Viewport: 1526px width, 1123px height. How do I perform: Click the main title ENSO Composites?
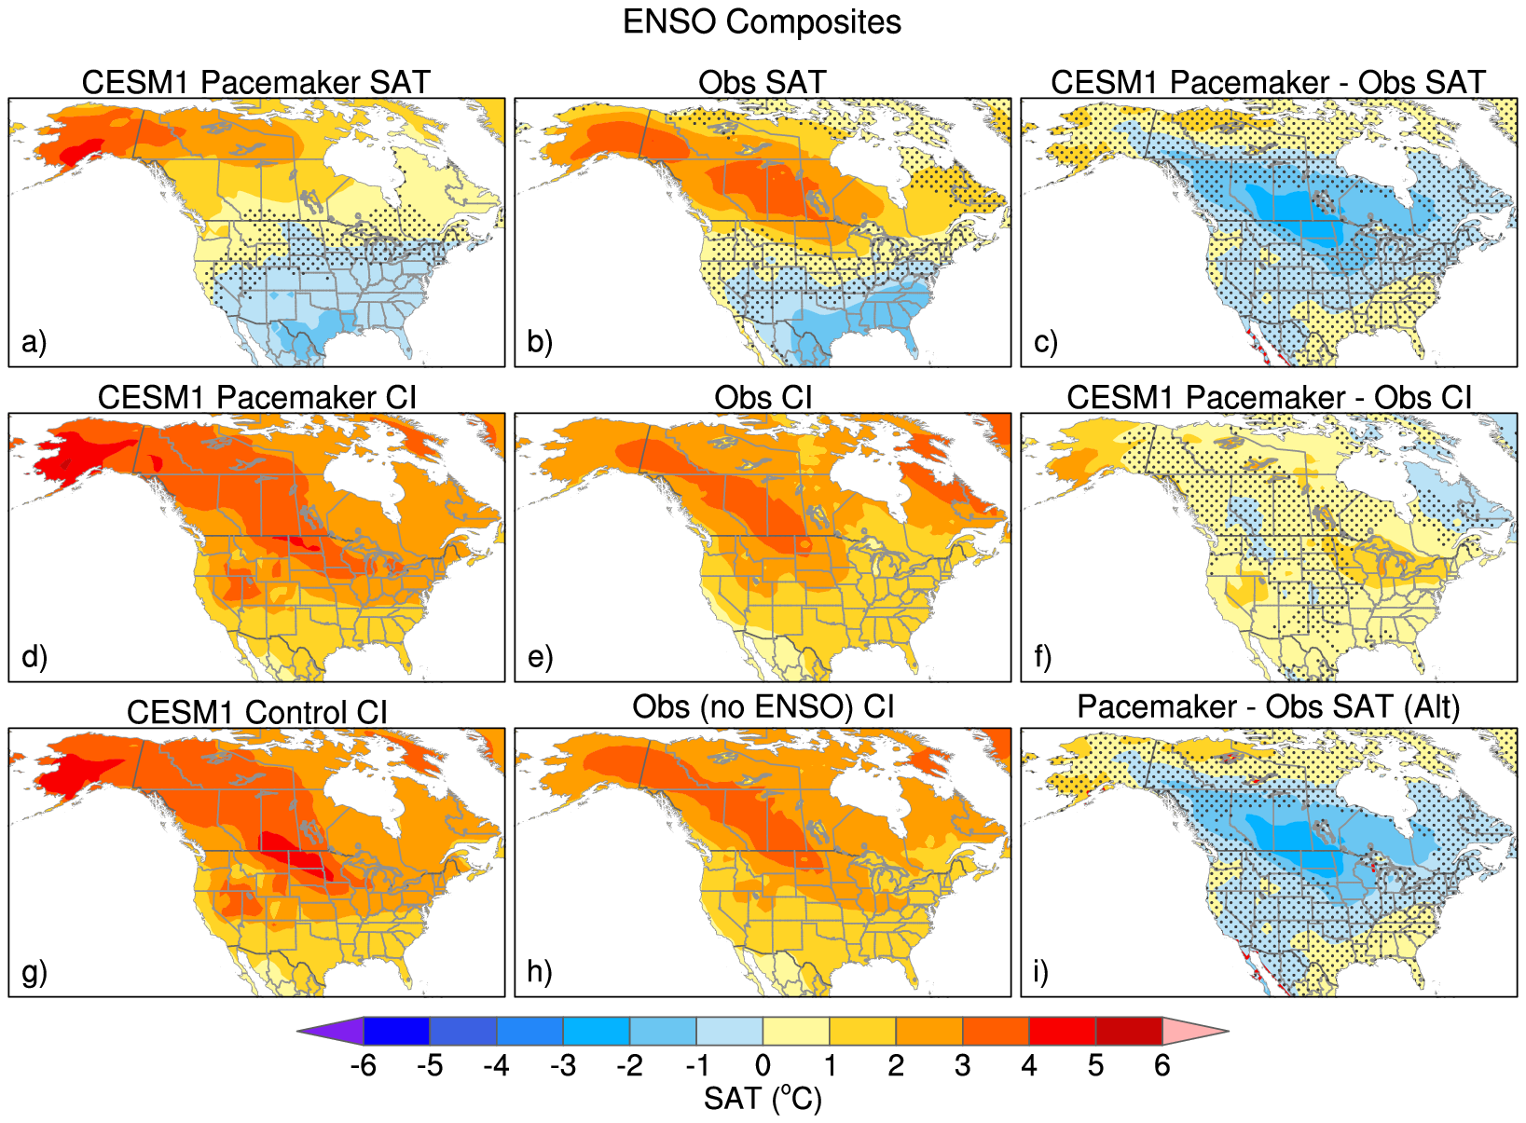762,22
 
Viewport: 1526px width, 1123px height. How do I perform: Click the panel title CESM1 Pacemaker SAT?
255,82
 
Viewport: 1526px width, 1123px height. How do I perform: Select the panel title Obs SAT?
762,82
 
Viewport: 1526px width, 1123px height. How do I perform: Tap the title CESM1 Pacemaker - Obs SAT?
1268,82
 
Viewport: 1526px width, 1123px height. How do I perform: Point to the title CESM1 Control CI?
256,712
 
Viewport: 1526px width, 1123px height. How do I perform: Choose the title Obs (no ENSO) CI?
763,706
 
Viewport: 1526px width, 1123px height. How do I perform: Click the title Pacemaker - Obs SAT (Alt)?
1268,706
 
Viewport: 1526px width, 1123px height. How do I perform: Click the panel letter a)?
34,342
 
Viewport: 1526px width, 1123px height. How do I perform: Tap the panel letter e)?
540,657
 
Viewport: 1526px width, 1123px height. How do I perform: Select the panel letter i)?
1041,972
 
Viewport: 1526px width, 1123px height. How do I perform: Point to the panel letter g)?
34,972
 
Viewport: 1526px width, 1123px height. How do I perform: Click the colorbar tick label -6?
363,1065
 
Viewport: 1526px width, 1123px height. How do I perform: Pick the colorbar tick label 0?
763,1065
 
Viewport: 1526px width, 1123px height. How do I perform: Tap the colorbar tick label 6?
1162,1065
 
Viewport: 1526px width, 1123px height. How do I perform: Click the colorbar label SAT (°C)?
763,1099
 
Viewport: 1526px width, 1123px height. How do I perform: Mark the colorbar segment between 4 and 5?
1062,1032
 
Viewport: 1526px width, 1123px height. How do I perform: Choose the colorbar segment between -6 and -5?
396,1032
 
